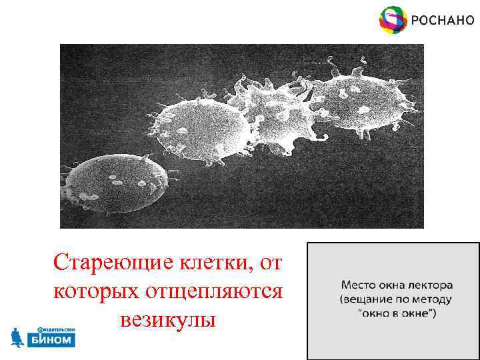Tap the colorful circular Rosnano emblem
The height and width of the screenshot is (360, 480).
tap(393, 20)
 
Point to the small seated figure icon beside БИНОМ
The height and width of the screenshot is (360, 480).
tap(17, 337)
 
